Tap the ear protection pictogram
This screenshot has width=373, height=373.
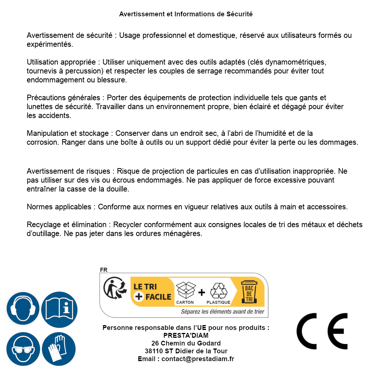[x=23, y=308]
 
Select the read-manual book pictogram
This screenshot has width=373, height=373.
[x=59, y=308]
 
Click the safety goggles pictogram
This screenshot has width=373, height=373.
[x=23, y=349]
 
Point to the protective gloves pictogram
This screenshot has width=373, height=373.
[x=59, y=349]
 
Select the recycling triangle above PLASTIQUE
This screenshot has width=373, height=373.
[x=218, y=290]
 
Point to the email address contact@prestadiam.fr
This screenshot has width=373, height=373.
[x=198, y=359]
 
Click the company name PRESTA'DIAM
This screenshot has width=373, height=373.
[x=186, y=336]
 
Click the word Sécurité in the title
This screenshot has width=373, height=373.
[x=239, y=14]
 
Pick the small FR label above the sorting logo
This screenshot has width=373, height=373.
[x=104, y=270]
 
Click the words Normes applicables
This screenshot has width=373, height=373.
[x=59, y=207]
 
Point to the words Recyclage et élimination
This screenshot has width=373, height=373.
[x=66, y=225]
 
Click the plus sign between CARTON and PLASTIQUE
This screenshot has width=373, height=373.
[x=202, y=292]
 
